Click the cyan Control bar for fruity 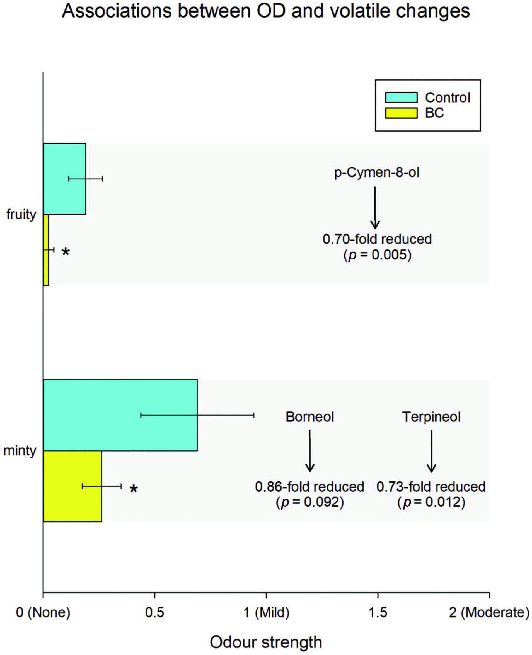click(x=65, y=179)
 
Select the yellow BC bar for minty click(x=72, y=486)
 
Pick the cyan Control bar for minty click(x=120, y=415)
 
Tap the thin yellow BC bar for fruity click(x=46, y=250)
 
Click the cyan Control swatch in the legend click(x=401, y=97)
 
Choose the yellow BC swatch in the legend click(x=401, y=113)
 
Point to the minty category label click(x=20, y=451)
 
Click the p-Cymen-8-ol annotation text click(x=377, y=173)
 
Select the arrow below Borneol click(x=310, y=451)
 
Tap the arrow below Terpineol click(x=431, y=451)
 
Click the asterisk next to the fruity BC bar click(x=65, y=252)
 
